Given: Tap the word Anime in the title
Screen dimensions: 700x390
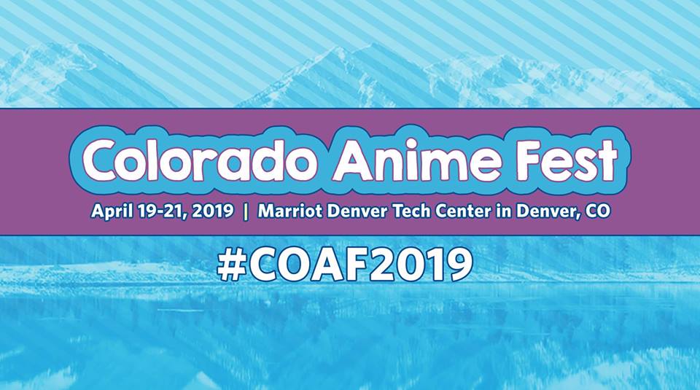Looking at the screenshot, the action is click(418, 160).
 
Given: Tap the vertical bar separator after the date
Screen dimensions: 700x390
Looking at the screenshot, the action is click(246, 211).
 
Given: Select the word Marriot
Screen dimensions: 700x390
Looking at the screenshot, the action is click(290, 211).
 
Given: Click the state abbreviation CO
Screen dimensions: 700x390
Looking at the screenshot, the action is click(597, 211).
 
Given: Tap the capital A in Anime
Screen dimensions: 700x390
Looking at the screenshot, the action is click(354, 160).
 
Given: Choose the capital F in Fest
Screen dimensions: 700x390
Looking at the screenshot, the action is click(532, 160).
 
